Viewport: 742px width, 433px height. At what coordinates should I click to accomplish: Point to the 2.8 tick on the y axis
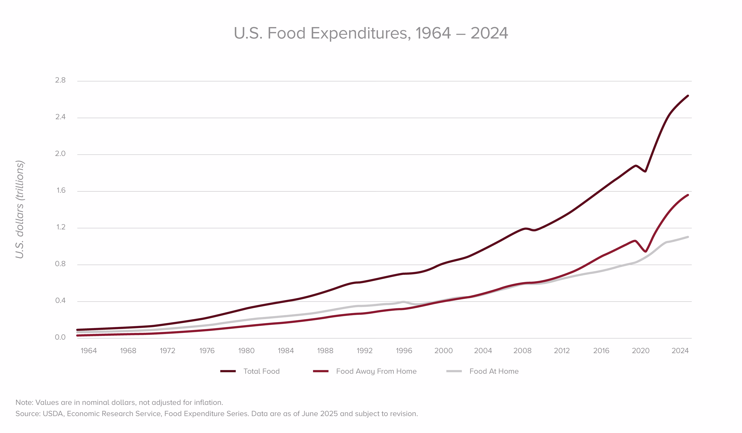pos(60,80)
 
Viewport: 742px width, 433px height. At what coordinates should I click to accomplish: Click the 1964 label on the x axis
pos(89,351)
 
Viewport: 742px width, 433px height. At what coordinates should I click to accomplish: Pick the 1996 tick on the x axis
pos(404,351)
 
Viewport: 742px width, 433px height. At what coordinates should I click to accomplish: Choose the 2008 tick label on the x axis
pos(522,351)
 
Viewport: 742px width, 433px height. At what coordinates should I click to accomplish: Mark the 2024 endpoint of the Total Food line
pos(688,96)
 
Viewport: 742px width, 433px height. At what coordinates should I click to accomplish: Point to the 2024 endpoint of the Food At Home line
pos(688,237)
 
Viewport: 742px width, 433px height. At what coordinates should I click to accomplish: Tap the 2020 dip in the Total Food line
pos(645,171)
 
